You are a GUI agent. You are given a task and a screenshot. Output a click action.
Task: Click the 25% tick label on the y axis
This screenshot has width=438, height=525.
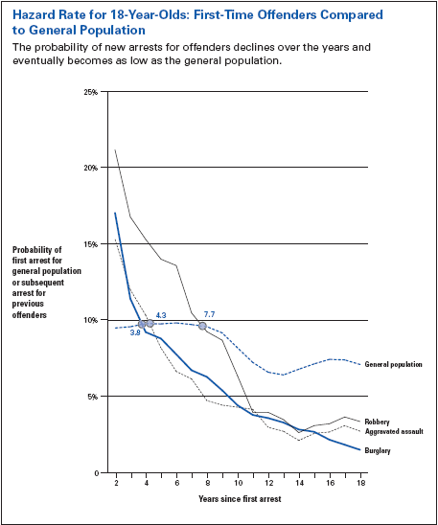90,92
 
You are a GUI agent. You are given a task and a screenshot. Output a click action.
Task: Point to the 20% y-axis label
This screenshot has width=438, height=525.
90,168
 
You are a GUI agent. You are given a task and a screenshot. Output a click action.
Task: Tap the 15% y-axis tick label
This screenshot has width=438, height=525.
91,244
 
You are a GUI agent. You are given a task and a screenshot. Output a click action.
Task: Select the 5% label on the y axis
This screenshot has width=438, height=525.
92,397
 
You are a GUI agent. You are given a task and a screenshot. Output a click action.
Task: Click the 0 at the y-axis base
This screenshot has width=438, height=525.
97,473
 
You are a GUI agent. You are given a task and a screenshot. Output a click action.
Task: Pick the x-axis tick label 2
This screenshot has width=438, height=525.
116,483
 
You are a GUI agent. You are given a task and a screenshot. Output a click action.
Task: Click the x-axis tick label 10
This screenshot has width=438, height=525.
238,483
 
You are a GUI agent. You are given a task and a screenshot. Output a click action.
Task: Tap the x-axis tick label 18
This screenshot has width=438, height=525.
360,483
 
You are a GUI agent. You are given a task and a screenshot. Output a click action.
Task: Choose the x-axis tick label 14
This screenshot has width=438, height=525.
299,483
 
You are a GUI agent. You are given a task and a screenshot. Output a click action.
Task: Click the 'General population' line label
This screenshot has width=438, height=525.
394,364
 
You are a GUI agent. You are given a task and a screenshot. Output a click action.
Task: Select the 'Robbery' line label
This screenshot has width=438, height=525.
377,422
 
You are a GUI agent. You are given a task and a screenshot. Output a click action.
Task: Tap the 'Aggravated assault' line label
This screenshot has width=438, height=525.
394,431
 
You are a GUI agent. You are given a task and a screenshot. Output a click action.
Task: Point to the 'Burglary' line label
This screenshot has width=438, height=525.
378,450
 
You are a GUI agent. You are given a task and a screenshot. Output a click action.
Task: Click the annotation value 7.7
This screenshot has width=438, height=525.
209,314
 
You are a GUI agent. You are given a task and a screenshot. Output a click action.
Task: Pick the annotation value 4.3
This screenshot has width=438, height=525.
161,315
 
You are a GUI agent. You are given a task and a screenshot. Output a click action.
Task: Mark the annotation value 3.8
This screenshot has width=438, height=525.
135,332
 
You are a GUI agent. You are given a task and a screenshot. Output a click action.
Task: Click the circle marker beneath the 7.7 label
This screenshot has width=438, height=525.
202,326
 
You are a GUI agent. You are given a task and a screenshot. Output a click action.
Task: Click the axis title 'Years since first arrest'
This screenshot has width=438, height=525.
240,499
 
